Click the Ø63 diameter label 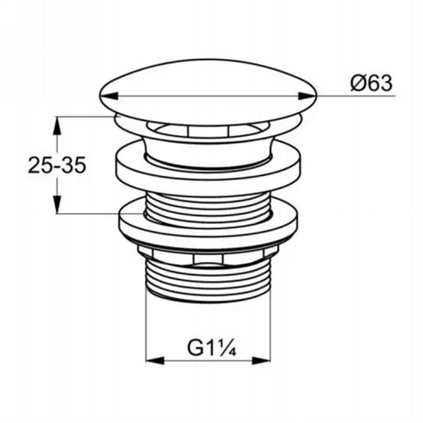point(371,83)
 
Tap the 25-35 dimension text point(57,165)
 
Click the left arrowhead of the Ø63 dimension point(109,96)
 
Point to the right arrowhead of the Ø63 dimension point(307,96)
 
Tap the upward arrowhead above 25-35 point(57,126)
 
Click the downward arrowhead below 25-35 point(57,204)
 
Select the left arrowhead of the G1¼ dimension point(155,360)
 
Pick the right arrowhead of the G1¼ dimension point(261,360)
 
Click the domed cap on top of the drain point(208,92)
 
